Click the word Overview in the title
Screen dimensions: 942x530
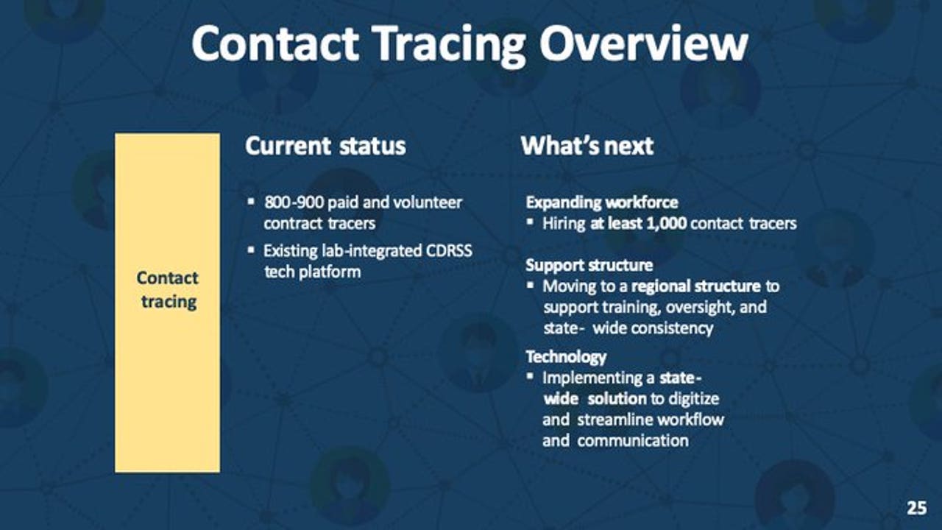[x=643, y=43]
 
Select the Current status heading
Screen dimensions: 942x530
[x=325, y=146]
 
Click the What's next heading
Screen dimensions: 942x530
[x=587, y=146]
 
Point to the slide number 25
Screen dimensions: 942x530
[x=917, y=508]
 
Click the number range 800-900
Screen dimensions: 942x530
[x=294, y=202]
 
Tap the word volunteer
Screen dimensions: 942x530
[x=428, y=202]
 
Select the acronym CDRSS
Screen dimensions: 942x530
[x=449, y=251]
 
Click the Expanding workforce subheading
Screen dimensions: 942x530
[x=602, y=202]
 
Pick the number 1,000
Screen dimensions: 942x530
[x=667, y=224]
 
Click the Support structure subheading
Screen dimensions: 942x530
[x=589, y=266]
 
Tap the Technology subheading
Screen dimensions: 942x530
[x=566, y=357]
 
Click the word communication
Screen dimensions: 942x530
[x=633, y=441]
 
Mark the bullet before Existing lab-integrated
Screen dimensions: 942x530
[x=251, y=250]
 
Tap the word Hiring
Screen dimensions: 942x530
[x=564, y=224]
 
